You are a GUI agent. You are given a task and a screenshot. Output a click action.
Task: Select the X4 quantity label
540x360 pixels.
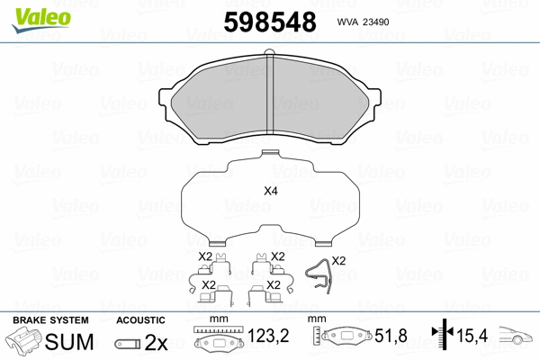270,191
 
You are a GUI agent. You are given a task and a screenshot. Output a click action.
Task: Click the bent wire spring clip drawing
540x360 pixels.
317,274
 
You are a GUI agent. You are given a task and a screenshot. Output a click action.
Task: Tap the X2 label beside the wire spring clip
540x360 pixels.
338,260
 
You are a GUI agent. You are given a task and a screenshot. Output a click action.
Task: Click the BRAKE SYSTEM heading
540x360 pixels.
49,319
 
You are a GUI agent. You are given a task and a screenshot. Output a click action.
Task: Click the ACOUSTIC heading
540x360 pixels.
140,319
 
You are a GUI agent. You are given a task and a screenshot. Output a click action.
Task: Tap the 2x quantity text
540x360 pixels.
157,343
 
